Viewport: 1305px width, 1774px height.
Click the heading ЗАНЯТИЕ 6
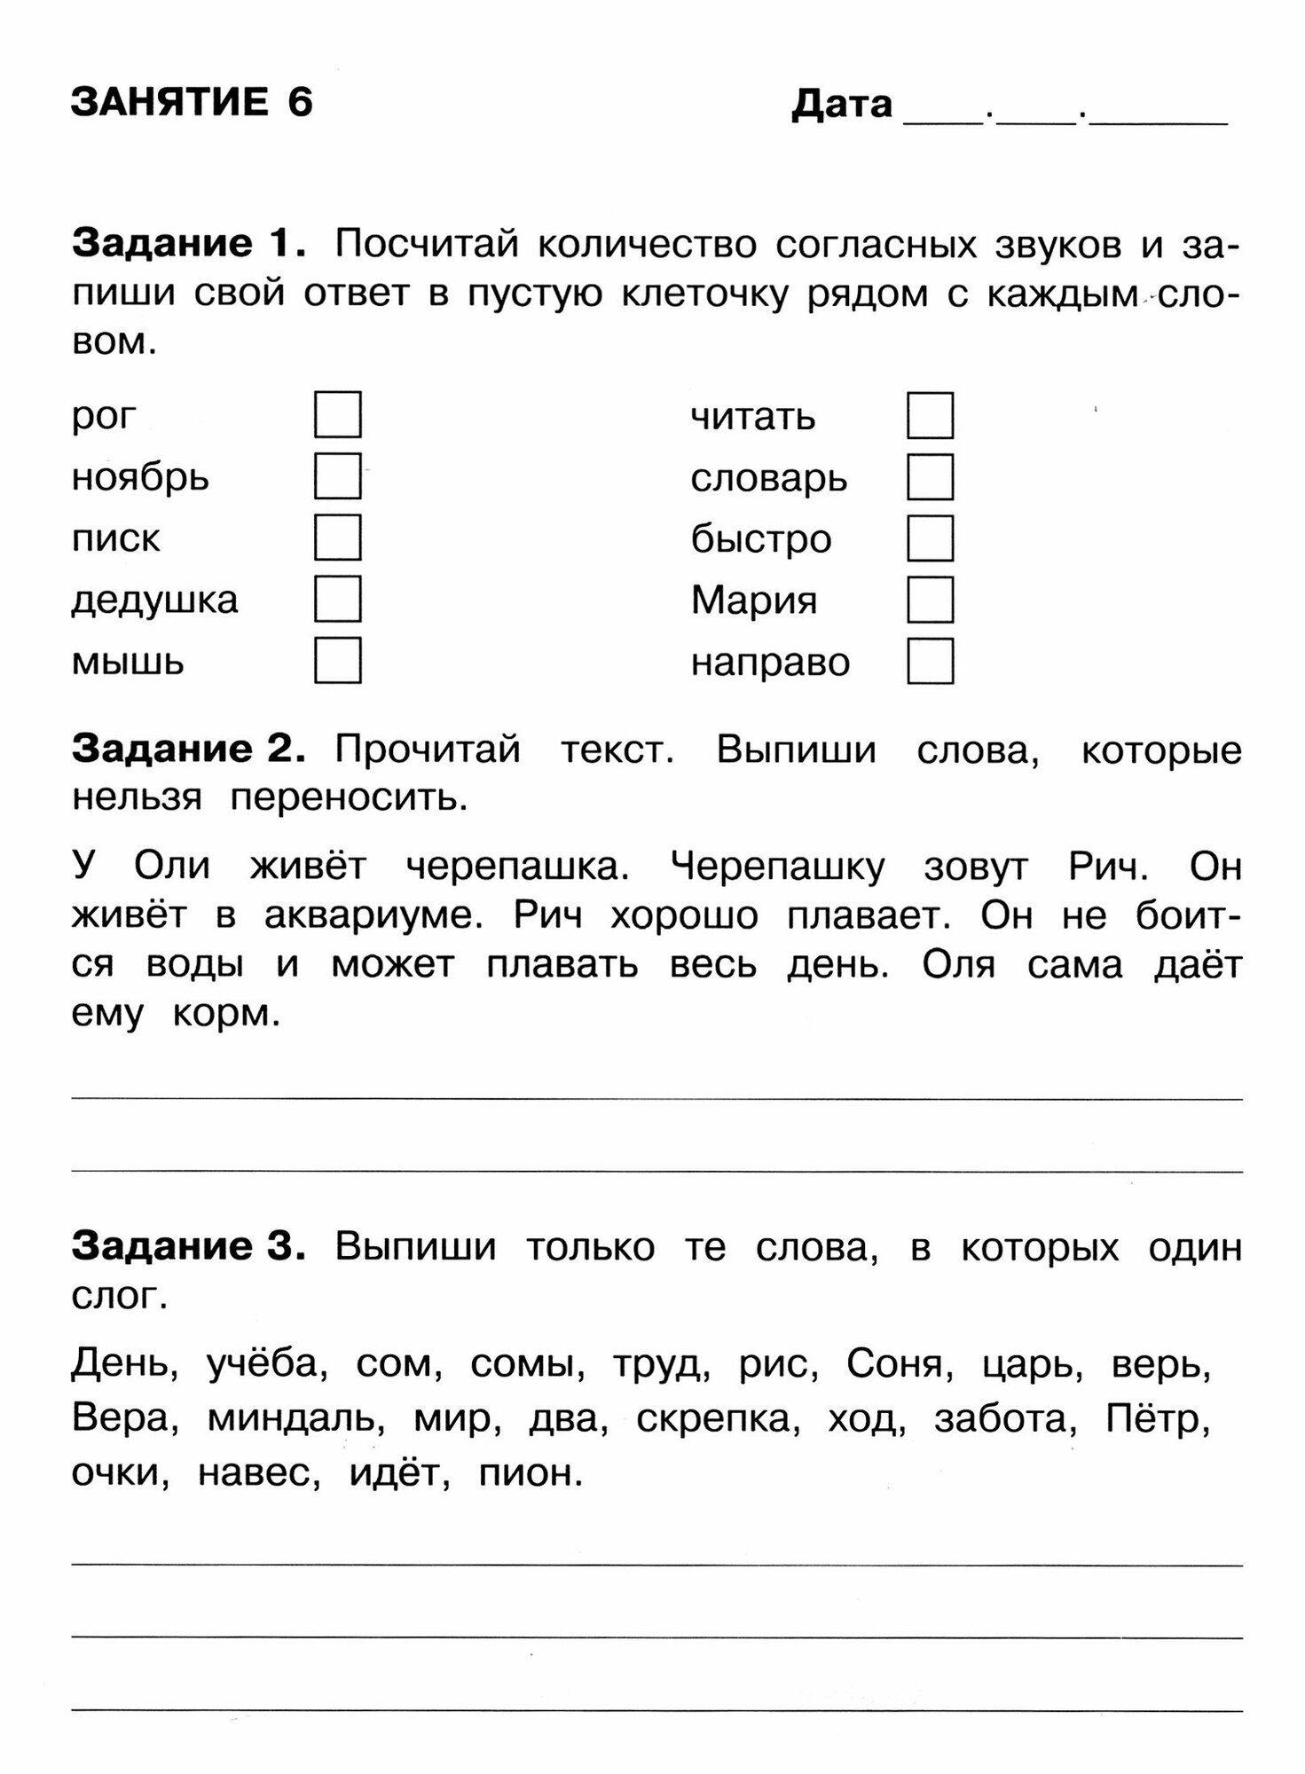coord(192,103)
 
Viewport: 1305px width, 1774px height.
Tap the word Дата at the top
coord(841,104)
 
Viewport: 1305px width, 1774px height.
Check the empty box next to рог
coord(337,414)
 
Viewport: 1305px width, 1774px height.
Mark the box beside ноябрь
coord(337,476)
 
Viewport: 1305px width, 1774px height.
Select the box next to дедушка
coord(337,599)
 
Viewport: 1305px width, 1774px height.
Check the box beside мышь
coord(337,660)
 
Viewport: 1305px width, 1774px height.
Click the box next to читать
coord(930,415)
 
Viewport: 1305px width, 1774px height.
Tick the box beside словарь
coord(930,477)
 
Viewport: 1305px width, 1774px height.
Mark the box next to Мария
coord(930,600)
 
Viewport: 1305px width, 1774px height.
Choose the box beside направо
coord(930,661)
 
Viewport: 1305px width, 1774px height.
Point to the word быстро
coord(761,539)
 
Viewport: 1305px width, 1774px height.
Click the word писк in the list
coord(115,538)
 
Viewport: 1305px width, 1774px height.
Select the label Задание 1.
coord(189,243)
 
